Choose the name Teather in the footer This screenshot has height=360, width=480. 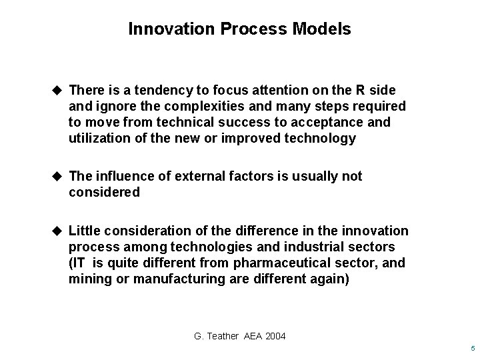(x=222, y=336)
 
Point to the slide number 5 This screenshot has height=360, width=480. (x=471, y=349)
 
